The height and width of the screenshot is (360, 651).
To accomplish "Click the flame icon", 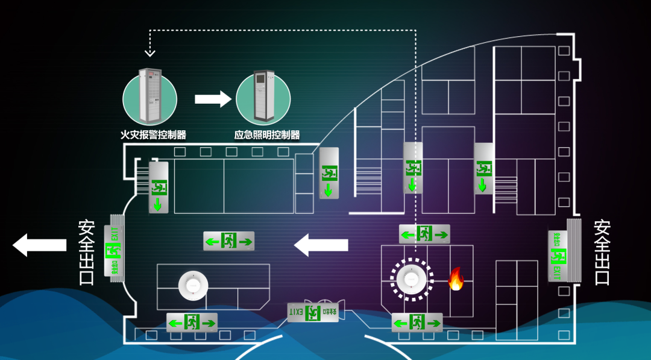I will (456, 279).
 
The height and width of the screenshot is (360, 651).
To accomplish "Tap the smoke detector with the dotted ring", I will (412, 279).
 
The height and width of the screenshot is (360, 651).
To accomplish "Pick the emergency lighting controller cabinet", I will (263, 96).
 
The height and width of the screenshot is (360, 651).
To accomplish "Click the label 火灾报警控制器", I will (154, 135).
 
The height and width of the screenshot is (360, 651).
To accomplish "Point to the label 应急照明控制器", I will (266, 135).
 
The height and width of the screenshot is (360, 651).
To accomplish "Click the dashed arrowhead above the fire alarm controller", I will (150, 52).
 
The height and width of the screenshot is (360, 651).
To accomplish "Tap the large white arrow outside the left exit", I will (39, 245).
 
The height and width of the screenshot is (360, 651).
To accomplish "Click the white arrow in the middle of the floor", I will (321, 245).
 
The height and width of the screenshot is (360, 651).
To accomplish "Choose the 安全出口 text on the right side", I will (602, 253).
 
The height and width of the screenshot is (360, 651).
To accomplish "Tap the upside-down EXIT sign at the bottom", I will (313, 312).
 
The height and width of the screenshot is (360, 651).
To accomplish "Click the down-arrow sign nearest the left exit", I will (159, 187).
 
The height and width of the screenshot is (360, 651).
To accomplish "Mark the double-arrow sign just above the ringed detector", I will (424, 234).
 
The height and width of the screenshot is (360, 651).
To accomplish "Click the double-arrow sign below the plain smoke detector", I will (192, 323).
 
